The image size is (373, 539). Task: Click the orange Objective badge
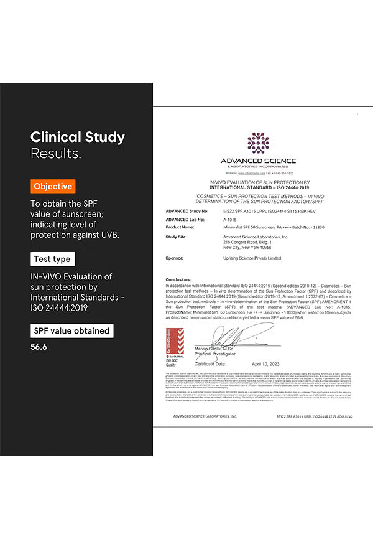(53, 186)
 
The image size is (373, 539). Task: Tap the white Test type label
(53, 259)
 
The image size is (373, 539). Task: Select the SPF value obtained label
(72, 331)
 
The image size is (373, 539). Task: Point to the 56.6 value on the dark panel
(39, 347)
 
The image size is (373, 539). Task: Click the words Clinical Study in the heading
(78, 138)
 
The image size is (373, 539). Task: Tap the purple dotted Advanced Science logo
(258, 143)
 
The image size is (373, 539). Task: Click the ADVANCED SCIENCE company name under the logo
(258, 161)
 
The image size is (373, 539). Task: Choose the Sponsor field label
(176, 258)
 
